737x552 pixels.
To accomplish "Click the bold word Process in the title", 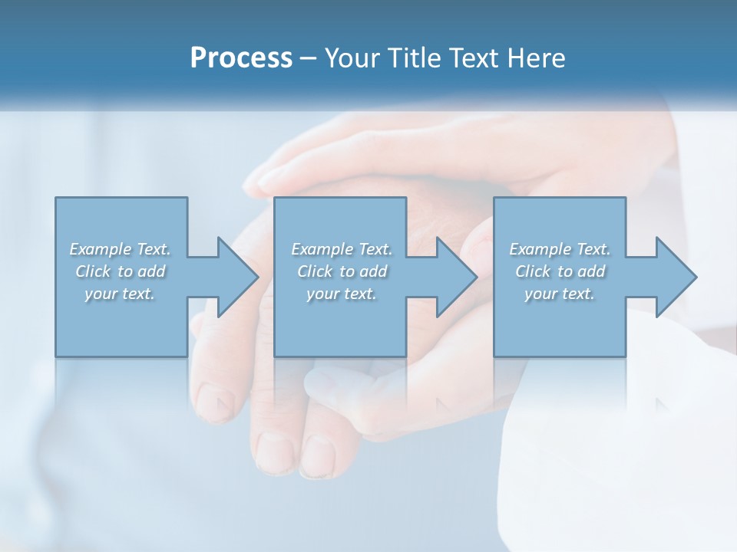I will pos(241,58).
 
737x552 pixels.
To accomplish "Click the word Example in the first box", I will pos(101,249).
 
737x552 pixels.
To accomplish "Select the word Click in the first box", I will pos(92,271).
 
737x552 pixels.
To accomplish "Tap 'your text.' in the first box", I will pos(120,294).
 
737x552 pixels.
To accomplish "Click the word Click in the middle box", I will pos(314,271).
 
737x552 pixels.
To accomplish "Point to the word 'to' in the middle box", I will pos(347,271).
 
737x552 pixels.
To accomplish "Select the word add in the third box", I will pos(590,271).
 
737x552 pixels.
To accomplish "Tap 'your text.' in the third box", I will pos(560,294).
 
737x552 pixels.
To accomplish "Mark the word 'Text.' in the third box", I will pos(593,249).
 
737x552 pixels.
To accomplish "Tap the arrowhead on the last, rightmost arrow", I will pos(675,277).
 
